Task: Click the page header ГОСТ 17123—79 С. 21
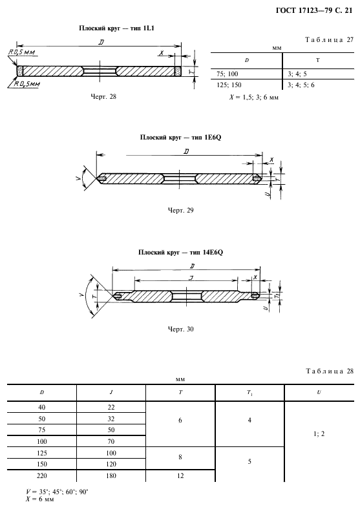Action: coord(314,11)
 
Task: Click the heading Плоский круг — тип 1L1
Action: coord(116,28)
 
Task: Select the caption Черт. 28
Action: coord(103,96)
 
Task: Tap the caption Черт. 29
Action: coord(181,210)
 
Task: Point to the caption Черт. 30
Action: coord(181,329)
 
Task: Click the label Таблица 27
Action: coord(330,40)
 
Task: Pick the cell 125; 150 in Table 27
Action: coord(229,85)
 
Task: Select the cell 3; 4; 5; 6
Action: coord(301,85)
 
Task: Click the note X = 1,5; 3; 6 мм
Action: coord(254,97)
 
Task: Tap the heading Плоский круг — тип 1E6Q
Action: coord(181,138)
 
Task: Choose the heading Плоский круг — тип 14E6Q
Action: coord(181,253)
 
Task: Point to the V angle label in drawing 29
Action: coord(78,178)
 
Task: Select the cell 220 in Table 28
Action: coord(42,476)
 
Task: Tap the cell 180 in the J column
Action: coord(111,476)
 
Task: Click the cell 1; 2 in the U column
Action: coord(319,434)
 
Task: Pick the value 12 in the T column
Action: coord(180,476)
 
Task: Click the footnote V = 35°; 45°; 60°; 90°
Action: coord(57,492)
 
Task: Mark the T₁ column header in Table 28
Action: coord(249,393)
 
